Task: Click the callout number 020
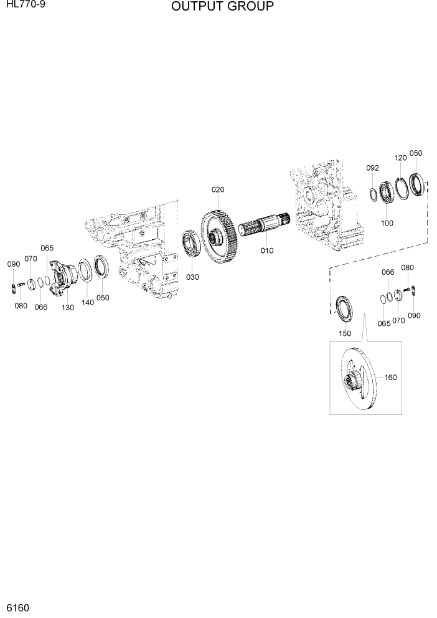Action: tap(217, 189)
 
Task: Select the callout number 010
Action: tap(267, 250)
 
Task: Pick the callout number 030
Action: tap(192, 277)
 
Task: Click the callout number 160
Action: tap(390, 377)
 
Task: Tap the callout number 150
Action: tap(345, 333)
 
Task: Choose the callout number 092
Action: tap(372, 168)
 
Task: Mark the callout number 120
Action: tap(400, 158)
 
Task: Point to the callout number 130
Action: tap(68, 308)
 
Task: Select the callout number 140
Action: tap(87, 302)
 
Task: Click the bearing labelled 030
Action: tap(190, 245)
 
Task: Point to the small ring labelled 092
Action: tap(372, 194)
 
